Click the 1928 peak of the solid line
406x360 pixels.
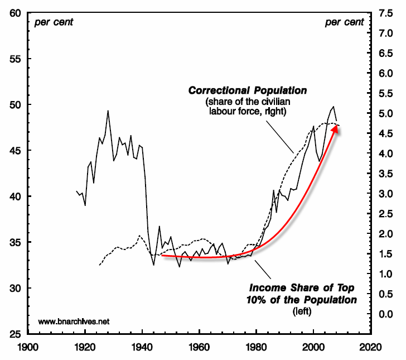tap(108, 111)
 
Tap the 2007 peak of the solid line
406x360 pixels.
tap(333, 107)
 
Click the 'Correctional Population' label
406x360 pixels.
tap(248, 90)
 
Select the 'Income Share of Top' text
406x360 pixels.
tap(302, 287)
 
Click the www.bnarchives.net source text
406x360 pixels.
tap(74, 321)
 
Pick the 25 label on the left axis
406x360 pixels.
tap(15, 334)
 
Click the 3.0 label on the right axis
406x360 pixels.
tap(386, 194)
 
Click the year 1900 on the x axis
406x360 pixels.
tap(28, 347)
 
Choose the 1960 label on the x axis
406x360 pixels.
tap(199, 347)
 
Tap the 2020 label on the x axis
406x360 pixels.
tap(370, 347)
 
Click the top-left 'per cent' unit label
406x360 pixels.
tap(54, 22)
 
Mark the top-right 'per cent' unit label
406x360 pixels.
tap(345, 22)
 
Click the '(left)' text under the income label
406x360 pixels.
tap(302, 311)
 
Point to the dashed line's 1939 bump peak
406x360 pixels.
tap(140, 236)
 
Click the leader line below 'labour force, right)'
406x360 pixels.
tap(280, 137)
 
